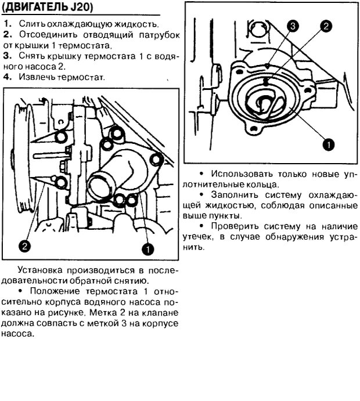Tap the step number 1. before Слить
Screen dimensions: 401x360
pyautogui.click(x=6, y=24)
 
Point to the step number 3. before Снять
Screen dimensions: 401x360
pyautogui.click(x=6, y=57)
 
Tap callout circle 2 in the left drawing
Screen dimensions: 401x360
pyautogui.click(x=24, y=246)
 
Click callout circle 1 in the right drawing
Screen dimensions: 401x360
pyautogui.click(x=328, y=143)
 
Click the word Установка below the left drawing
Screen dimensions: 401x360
pyautogui.click(x=42, y=270)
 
